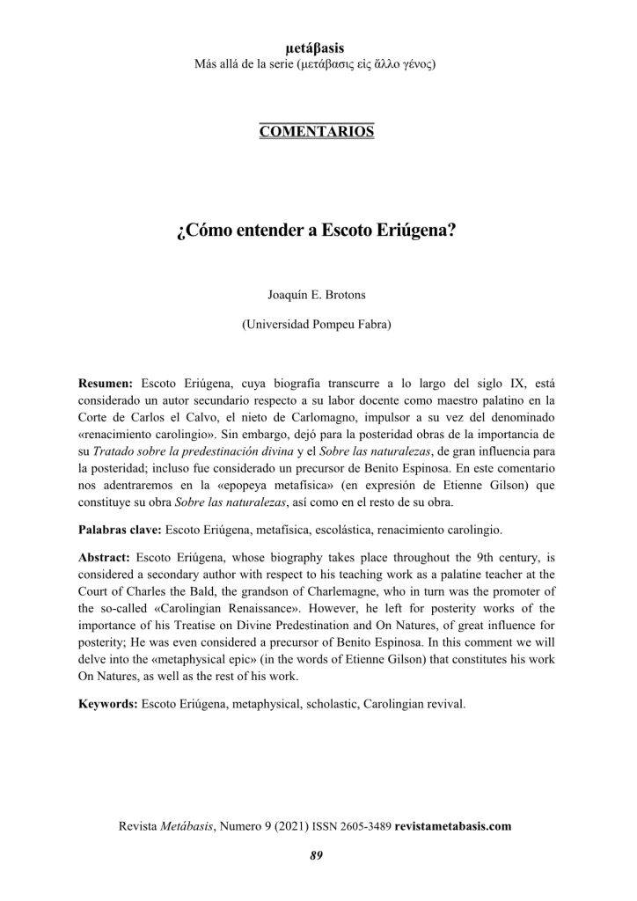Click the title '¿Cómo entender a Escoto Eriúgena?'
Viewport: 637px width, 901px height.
coord(318,233)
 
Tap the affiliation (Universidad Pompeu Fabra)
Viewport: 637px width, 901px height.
coord(318,324)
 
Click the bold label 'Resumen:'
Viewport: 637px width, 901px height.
coord(106,385)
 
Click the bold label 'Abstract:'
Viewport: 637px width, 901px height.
coord(104,558)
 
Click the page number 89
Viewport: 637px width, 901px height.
coord(318,855)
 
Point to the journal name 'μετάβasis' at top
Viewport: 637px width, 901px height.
coord(318,49)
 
